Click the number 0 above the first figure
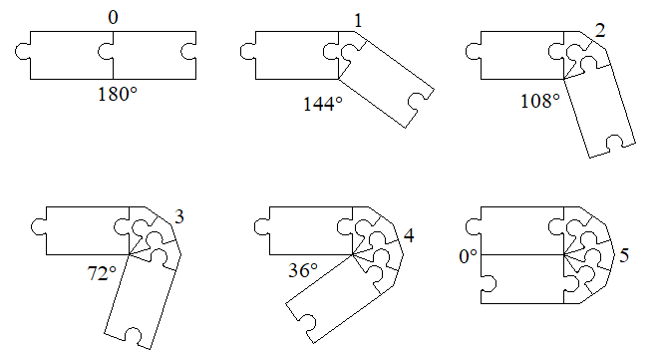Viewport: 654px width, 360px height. point(113,18)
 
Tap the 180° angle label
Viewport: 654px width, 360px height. point(118,94)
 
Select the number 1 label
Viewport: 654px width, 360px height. point(357,21)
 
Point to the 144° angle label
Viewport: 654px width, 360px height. point(322,104)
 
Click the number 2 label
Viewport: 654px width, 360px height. point(600,31)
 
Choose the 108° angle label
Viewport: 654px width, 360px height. point(540,101)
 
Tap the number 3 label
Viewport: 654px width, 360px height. point(178,216)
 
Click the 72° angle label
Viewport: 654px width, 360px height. point(102,273)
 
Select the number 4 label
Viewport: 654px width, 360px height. point(409,235)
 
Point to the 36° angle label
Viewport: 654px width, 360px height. point(303,270)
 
